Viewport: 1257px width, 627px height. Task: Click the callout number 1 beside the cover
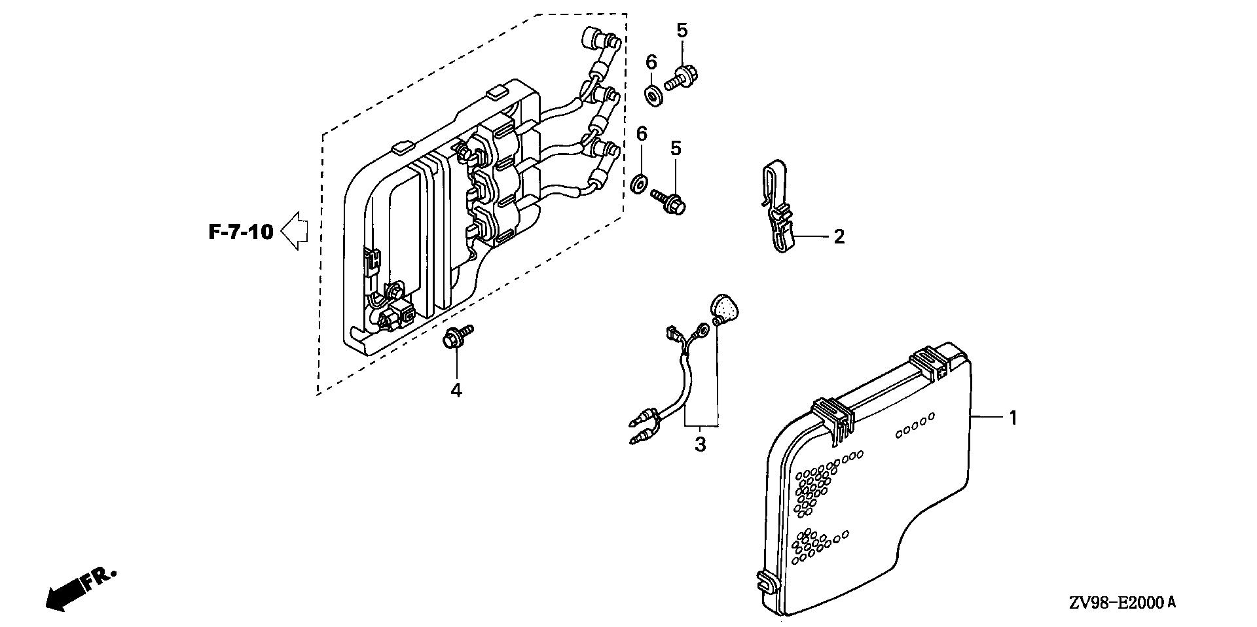coord(1013,418)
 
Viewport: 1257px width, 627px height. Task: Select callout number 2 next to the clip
coord(839,236)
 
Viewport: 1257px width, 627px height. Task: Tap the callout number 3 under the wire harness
coord(701,444)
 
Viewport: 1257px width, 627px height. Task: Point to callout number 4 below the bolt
coord(456,391)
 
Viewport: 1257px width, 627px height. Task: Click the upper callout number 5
coord(682,30)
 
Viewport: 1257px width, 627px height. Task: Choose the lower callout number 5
coord(675,149)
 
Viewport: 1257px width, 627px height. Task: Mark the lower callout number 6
coord(642,134)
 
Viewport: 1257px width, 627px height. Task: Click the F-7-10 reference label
coord(241,232)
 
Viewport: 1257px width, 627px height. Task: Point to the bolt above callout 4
coord(456,338)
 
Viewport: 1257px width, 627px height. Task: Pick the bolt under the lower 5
coord(670,201)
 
